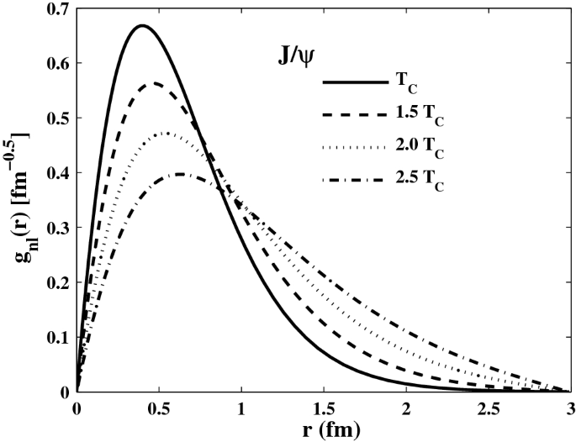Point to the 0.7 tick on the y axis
(x=59, y=8)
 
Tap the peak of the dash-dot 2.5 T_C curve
(x=181, y=174)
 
